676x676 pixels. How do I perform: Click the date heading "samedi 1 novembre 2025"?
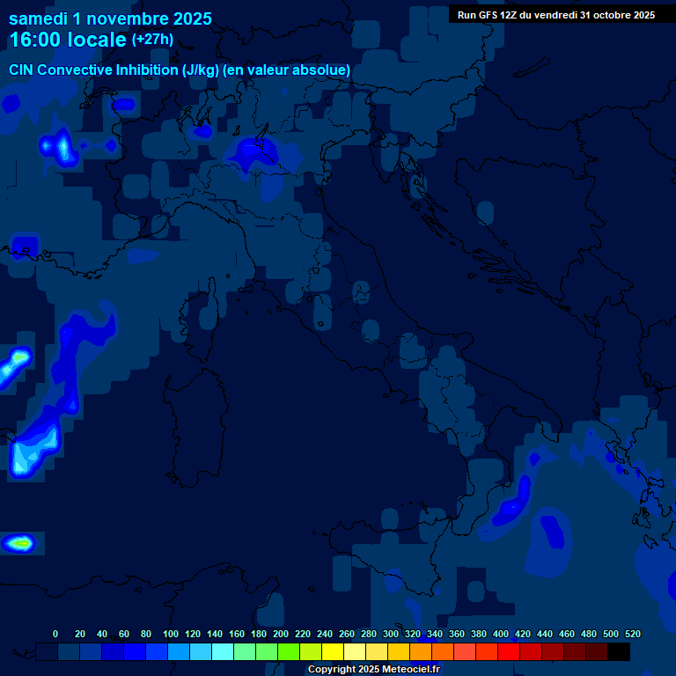coord(110,18)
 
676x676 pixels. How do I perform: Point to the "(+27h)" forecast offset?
coord(152,40)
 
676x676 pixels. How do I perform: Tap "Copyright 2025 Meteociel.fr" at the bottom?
coord(373,670)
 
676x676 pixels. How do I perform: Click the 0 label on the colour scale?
coord(55,634)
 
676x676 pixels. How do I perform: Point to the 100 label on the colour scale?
coord(171,634)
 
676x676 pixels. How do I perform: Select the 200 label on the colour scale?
coord(281,634)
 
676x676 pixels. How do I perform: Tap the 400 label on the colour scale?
coord(501,634)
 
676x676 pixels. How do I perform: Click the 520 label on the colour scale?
coord(632,634)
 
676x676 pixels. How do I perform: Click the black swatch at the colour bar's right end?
coord(619,651)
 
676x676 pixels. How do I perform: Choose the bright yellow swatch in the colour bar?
coord(333,651)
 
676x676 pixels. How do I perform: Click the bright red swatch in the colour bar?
coord(509,651)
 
